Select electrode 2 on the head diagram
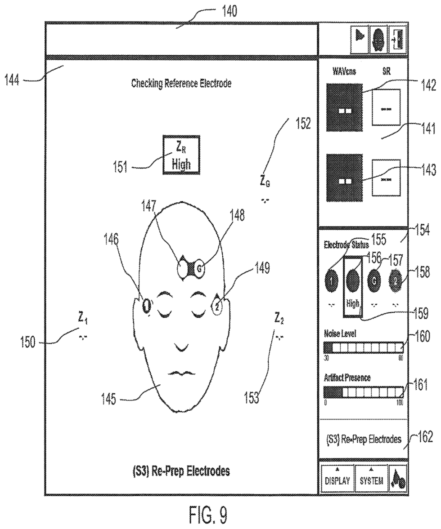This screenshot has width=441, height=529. (218, 307)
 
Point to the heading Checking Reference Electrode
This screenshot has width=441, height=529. (181, 83)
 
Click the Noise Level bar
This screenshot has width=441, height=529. (363, 347)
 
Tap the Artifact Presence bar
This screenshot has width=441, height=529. (363, 392)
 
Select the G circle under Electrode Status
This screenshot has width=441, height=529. (374, 281)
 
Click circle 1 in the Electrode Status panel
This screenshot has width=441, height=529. (332, 281)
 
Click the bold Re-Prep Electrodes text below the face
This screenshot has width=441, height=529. (181, 471)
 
